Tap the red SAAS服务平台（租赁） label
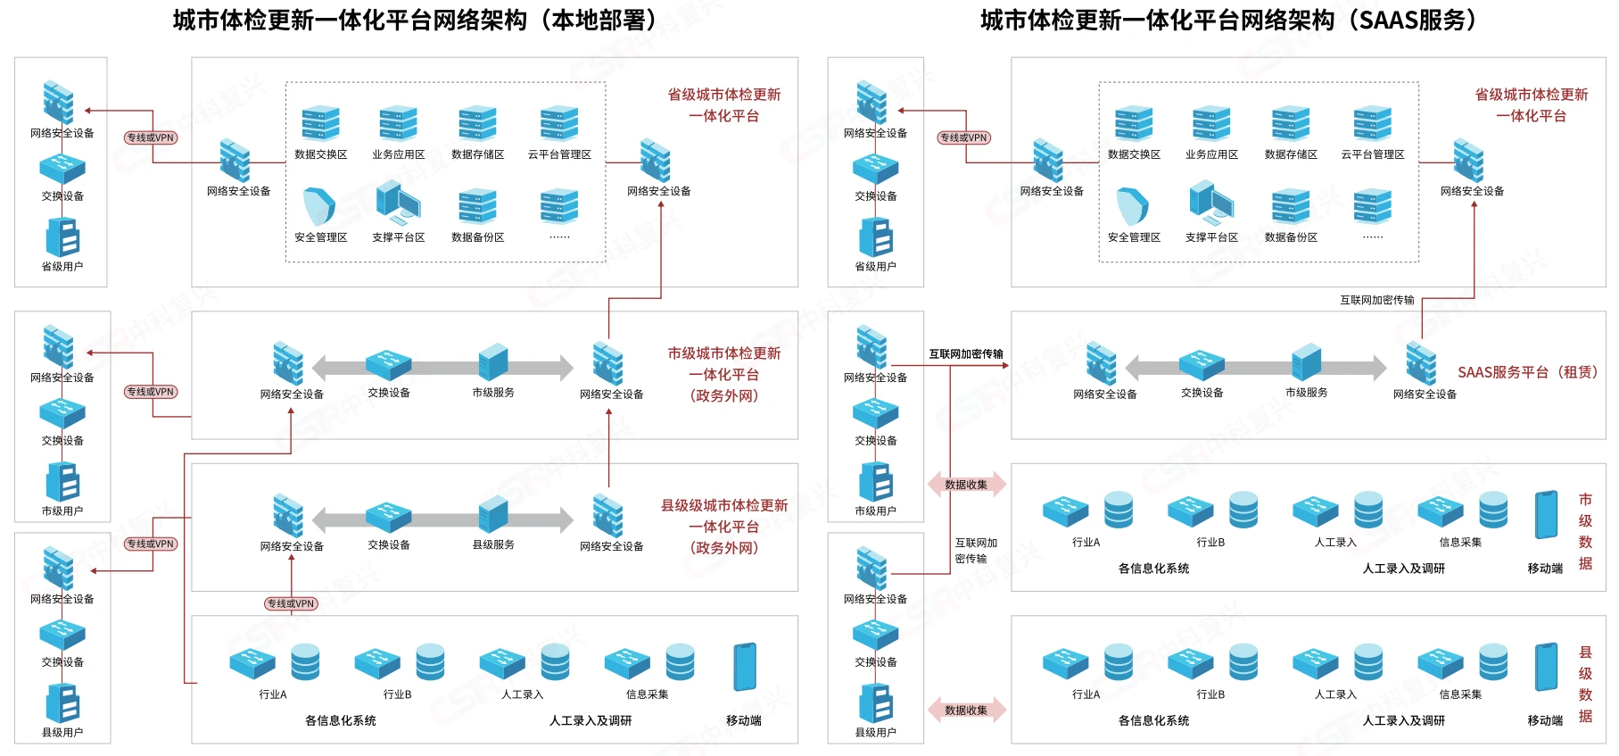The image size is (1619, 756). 1528,372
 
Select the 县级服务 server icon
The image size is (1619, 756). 493,516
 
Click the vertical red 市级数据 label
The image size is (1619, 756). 1585,531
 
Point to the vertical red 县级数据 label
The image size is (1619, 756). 1585,684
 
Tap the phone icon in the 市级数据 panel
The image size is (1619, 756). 1546,515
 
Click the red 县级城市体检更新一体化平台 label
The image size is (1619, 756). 724,527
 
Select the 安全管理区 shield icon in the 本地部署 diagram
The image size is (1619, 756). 319,206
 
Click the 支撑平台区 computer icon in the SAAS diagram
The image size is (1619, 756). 1211,203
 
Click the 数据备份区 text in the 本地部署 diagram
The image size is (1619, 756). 478,237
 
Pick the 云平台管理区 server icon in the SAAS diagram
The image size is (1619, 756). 1372,124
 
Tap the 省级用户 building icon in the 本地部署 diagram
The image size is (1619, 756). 62,237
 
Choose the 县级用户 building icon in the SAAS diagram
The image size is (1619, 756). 876,702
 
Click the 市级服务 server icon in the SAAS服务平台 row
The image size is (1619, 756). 1307,362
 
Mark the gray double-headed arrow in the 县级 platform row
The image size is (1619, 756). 442,519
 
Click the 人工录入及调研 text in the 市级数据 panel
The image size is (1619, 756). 1404,569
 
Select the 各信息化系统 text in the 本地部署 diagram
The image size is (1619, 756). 341,721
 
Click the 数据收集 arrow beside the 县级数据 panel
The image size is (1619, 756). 967,710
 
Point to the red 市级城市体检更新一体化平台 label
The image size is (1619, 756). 724,375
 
